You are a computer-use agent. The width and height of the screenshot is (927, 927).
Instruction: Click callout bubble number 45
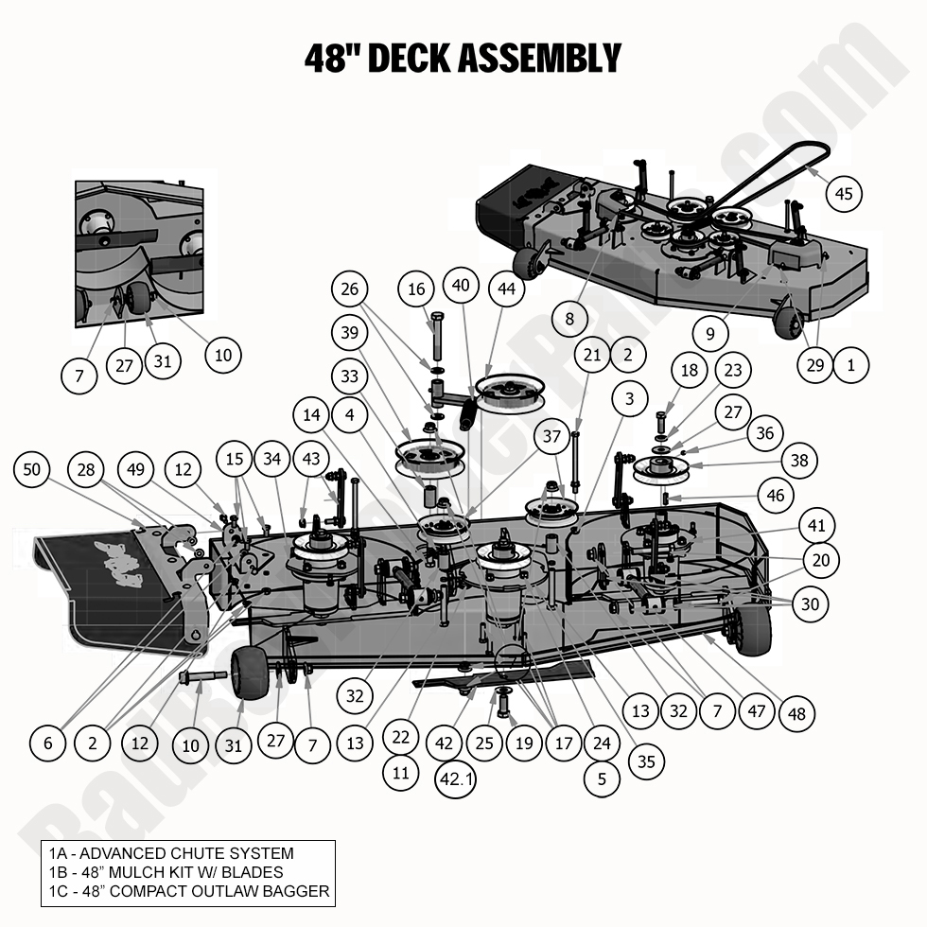tap(844, 194)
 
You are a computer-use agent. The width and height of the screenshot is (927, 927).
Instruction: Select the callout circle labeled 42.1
tap(454, 780)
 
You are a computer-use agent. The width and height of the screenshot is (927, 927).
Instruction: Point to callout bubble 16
tap(418, 290)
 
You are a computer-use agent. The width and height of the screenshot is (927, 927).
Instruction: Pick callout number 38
tap(800, 462)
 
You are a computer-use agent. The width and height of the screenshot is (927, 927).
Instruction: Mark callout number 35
tap(646, 761)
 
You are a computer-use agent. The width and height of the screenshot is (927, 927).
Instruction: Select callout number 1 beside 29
tap(851, 364)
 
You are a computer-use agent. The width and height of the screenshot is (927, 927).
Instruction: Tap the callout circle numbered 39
tap(350, 333)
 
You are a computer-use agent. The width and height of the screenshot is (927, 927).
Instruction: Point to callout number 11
tap(401, 773)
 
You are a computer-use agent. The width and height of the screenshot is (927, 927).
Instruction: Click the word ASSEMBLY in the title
tap(539, 58)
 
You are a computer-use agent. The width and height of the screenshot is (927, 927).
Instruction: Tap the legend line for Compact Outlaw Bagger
tap(188, 891)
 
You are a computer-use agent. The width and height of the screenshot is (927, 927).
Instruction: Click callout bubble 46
tap(775, 496)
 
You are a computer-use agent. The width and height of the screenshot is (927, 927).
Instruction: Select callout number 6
tap(48, 743)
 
